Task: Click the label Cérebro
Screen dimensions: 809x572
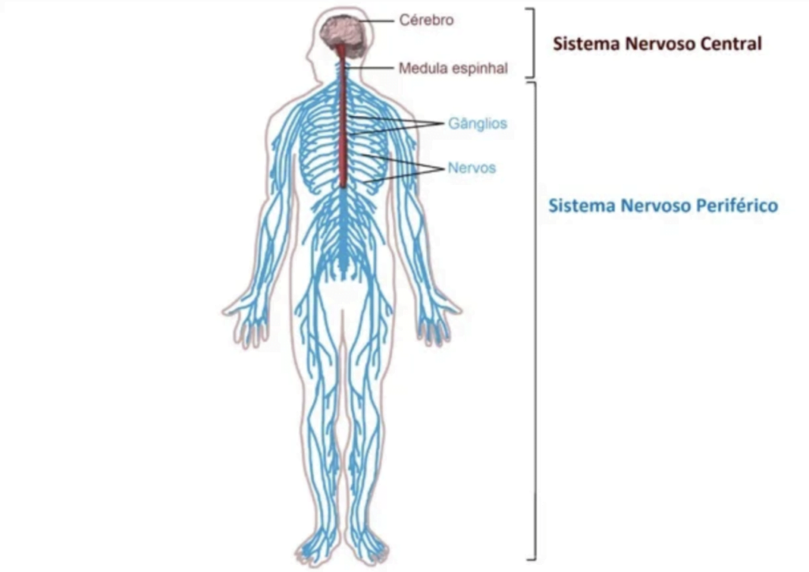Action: (x=426, y=20)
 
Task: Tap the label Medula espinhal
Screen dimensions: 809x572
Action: (x=453, y=68)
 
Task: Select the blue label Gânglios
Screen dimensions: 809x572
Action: (x=478, y=124)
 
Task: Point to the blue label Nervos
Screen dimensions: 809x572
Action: (x=472, y=167)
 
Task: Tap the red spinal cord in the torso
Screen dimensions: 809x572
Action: (x=343, y=119)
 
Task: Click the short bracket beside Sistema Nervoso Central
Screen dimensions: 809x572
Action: (x=532, y=43)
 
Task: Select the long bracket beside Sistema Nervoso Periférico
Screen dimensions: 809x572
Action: (x=534, y=320)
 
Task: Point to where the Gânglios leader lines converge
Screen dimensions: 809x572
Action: (x=444, y=124)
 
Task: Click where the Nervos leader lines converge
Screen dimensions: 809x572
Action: (x=444, y=168)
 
